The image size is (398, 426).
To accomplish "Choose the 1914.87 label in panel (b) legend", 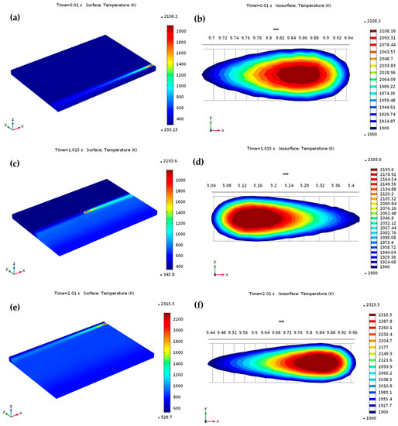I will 378,122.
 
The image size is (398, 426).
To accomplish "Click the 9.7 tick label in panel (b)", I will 211,37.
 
